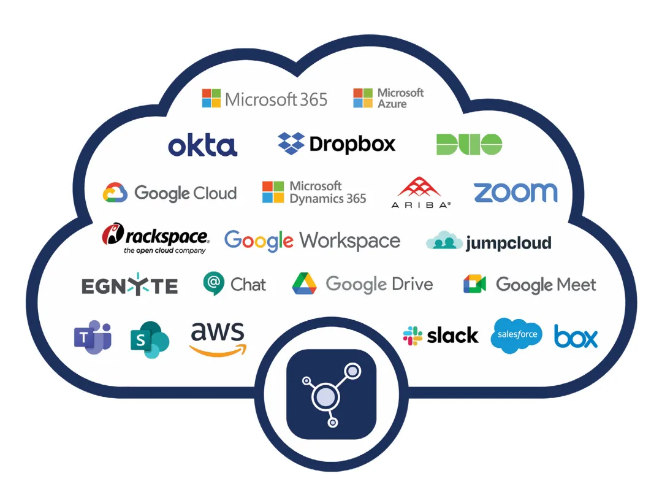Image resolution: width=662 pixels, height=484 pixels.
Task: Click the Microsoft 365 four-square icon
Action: click(x=211, y=98)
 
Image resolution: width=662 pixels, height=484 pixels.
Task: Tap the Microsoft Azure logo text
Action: click(x=400, y=98)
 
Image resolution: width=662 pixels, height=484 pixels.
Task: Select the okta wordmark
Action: click(x=202, y=145)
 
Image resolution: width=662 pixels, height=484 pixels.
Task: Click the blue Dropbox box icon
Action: click(x=291, y=143)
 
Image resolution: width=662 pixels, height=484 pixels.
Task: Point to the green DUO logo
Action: click(x=469, y=144)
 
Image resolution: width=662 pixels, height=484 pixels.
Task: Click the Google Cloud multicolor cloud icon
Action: click(x=115, y=193)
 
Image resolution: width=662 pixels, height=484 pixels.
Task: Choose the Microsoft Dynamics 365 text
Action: click(x=327, y=192)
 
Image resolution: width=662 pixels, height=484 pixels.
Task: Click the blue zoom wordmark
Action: click(x=516, y=192)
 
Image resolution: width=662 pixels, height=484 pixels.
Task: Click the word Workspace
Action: click(x=350, y=240)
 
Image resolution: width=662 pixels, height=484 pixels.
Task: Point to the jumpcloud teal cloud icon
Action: click(x=444, y=241)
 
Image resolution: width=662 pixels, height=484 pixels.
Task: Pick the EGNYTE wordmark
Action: click(x=129, y=285)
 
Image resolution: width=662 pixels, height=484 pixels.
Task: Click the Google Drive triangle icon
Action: click(x=304, y=283)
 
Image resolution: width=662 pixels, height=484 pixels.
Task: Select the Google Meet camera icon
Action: click(x=474, y=284)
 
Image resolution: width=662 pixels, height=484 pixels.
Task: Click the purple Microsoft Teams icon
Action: click(x=93, y=337)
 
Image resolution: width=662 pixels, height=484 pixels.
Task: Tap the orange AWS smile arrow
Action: click(x=218, y=349)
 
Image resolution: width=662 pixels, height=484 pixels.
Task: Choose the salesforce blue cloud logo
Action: click(x=517, y=335)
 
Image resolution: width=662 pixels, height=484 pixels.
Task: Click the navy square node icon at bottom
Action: click(x=331, y=394)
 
